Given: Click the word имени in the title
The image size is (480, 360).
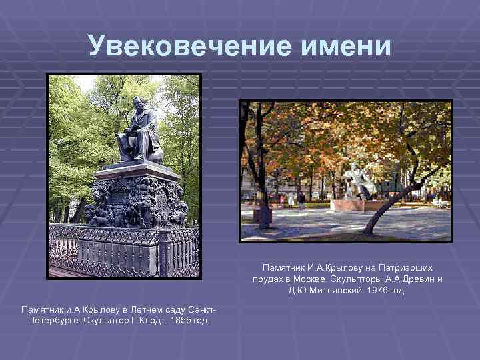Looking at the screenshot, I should [345, 46].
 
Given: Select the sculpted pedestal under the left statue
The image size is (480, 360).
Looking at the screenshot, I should [137, 200].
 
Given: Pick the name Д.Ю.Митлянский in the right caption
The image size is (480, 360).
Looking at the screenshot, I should [323, 291].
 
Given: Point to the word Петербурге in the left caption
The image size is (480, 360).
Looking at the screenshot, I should [53, 321].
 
